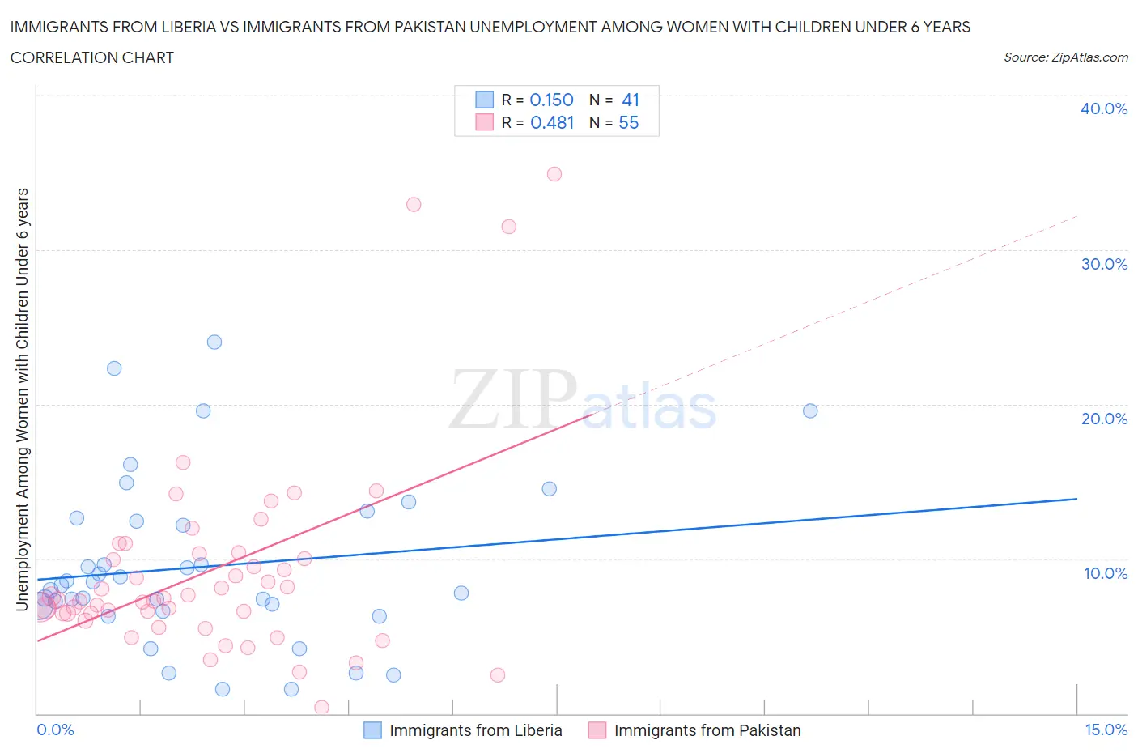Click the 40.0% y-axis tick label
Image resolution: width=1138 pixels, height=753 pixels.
point(1103,108)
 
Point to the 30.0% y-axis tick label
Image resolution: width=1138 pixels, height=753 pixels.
point(1103,264)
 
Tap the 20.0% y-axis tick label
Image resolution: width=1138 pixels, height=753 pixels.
point(1103,419)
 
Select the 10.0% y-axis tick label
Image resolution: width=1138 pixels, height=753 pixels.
point(1105,573)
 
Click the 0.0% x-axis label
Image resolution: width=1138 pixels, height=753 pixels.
point(55,730)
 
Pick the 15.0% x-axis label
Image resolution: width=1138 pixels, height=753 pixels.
point(1106,730)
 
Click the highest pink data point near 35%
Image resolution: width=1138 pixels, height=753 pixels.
point(554,174)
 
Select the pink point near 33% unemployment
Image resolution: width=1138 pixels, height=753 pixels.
point(414,205)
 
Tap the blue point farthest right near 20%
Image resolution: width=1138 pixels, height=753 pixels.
point(810,411)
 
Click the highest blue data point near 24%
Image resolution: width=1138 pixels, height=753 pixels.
point(214,342)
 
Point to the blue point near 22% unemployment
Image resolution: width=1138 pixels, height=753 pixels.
point(114,368)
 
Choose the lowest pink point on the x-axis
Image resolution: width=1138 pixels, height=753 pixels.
point(321,708)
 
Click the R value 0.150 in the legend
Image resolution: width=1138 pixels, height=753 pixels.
point(551,100)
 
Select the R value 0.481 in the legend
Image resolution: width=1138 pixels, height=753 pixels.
point(552,122)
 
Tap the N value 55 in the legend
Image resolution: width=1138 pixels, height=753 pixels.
point(629,122)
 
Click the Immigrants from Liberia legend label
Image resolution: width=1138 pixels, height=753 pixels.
point(475,730)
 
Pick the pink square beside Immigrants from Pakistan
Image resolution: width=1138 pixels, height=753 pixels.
point(597,730)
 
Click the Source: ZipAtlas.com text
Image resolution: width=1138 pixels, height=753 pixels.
point(1065,57)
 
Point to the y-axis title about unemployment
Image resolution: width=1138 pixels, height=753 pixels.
point(23,398)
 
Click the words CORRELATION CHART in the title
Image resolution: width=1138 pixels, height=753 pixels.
point(92,57)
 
